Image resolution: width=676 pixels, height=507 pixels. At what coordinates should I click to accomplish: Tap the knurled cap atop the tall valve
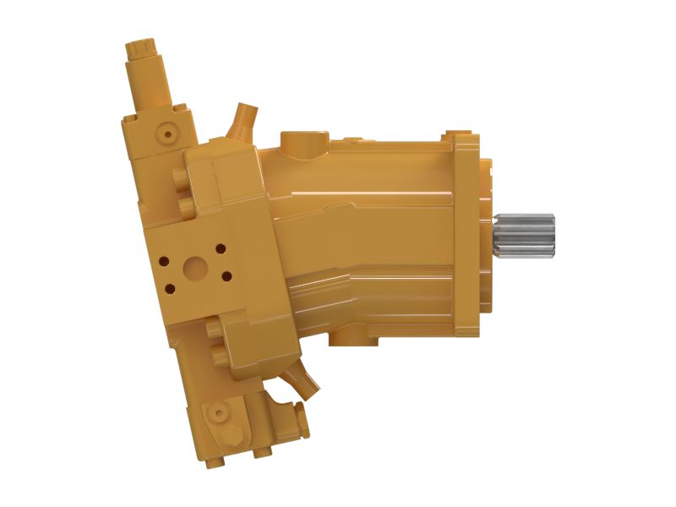click(141, 50)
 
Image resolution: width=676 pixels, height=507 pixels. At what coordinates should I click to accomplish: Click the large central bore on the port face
click(195, 269)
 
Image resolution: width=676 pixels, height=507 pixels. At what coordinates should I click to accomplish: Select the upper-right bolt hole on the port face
click(221, 248)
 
